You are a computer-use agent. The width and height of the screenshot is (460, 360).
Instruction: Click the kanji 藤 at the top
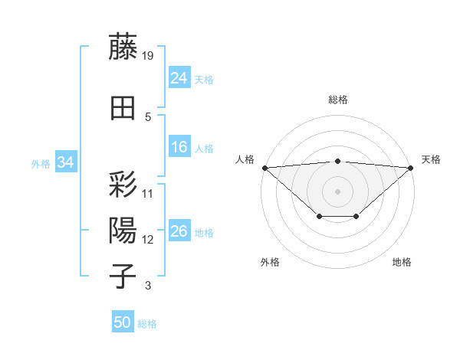pos(123,47)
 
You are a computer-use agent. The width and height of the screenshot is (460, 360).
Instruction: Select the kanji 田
pos(123,109)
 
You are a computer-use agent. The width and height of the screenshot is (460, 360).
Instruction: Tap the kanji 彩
pos(123,185)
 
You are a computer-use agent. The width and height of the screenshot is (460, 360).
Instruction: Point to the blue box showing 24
pos(179,78)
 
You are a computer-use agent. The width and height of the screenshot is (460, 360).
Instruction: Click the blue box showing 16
pos(179,147)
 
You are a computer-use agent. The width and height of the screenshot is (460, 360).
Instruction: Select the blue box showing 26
pos(179,231)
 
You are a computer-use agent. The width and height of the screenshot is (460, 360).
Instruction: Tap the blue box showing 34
pos(66,162)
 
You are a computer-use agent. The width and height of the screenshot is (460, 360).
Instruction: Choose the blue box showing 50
pos(123,322)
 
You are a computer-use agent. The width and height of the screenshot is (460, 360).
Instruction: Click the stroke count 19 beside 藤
pos(148,56)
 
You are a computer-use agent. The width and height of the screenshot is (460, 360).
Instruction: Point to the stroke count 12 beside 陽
pos(148,240)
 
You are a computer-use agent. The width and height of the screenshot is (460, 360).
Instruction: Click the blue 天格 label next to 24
pos(204,79)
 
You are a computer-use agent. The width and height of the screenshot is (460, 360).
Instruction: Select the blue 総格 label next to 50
pos(147,324)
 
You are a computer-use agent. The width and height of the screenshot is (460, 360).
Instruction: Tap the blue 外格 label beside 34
pos(41,163)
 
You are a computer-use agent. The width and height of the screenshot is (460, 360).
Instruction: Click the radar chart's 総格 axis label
pos(337,100)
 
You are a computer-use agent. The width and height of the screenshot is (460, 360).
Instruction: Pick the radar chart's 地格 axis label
pos(402,262)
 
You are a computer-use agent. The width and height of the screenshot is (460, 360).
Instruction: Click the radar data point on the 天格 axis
pos(411,167)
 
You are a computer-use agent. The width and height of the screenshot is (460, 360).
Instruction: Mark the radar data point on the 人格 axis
pos(264,167)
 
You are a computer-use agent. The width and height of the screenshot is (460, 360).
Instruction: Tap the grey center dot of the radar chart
pos(337,191)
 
